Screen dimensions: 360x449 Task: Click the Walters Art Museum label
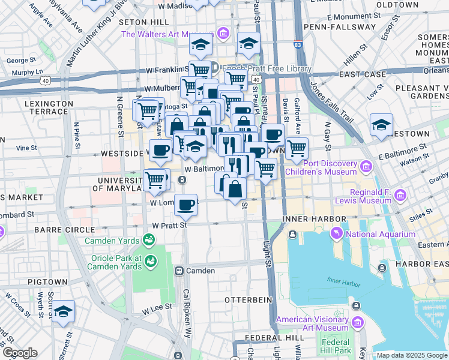167,34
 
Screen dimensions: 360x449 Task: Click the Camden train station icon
179,271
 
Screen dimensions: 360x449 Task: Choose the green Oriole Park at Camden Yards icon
149,260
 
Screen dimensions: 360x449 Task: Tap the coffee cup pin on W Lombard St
186,204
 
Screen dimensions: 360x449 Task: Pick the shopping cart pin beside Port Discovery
297,148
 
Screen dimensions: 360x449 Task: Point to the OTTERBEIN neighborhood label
244,299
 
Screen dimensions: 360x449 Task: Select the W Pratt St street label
170,226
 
